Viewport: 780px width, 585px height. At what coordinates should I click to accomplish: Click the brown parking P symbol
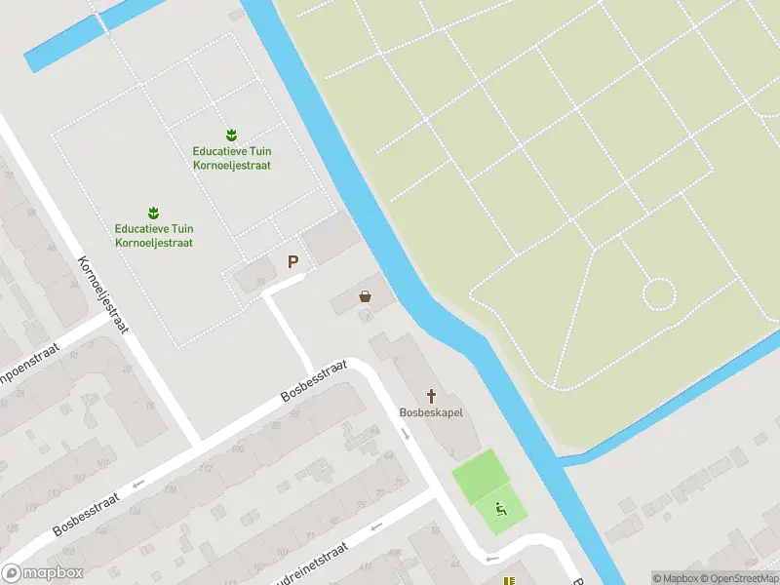pos(292,261)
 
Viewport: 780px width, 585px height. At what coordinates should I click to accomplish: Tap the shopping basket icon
pos(366,296)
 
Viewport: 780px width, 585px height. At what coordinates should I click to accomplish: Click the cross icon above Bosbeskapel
pos(431,395)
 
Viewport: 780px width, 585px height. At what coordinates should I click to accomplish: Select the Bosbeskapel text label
pos(431,411)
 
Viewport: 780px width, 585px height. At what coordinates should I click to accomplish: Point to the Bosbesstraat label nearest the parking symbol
pos(313,381)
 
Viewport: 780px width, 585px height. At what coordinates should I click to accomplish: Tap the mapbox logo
pos(41,573)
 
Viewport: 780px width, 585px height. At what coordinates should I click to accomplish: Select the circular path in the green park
pos(659,293)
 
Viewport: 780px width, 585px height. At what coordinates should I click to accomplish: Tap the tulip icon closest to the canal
pos(231,134)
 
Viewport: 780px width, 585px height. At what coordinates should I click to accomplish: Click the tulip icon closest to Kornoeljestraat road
pos(153,212)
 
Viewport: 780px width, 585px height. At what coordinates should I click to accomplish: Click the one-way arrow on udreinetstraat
pos(375,526)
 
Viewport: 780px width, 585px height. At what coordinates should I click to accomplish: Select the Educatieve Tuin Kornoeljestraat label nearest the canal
pos(231,158)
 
